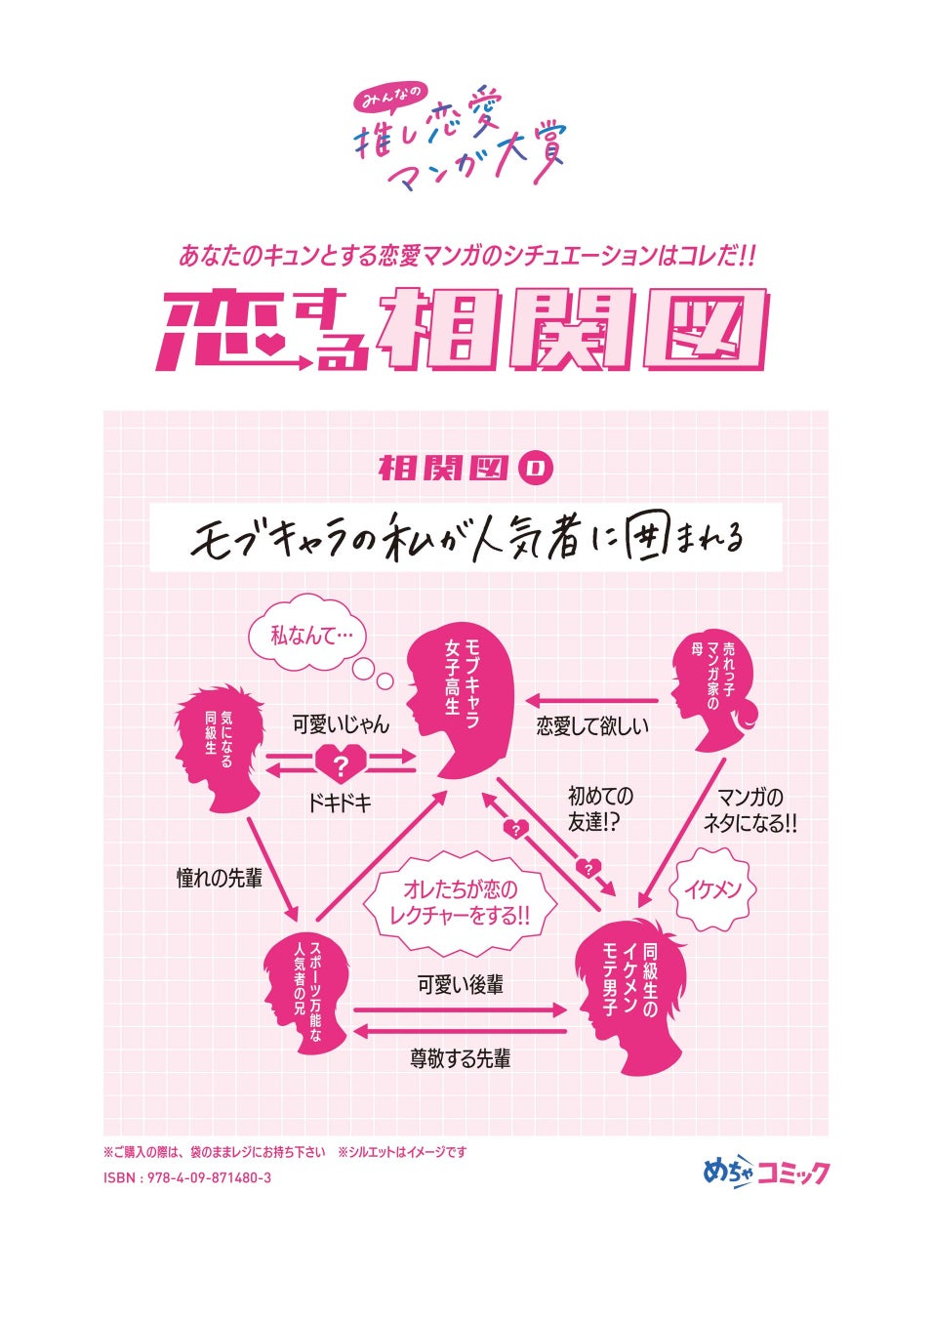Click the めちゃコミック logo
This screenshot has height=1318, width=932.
coord(766,1171)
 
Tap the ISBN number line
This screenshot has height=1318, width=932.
coord(187,1177)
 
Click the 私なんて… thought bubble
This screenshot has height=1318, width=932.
coord(304,636)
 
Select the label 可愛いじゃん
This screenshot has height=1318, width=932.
coord(341,724)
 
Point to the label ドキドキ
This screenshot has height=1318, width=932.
coord(339,803)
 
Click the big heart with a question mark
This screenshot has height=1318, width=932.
coord(340,764)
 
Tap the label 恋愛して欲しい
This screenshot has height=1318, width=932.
coord(592,725)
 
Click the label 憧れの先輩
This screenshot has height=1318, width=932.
coord(220,879)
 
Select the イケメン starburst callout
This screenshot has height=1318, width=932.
coord(712,889)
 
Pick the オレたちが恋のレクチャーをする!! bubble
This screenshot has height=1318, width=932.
coord(459,903)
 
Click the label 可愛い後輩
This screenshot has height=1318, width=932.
coord(460,985)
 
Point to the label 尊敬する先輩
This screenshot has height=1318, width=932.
coord(460,1058)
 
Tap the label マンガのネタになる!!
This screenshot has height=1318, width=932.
coord(750,810)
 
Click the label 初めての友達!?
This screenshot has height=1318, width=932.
coord(600,809)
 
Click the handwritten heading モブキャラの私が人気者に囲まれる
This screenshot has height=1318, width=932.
coord(466,538)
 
